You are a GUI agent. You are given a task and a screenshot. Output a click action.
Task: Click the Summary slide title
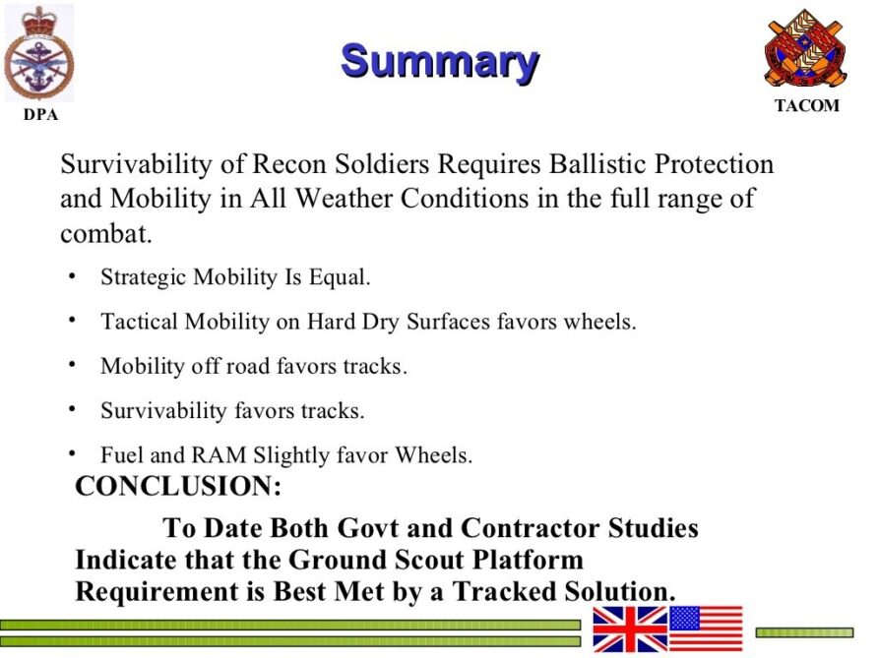point(440,62)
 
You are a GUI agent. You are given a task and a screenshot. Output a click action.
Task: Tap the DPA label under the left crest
point(41,115)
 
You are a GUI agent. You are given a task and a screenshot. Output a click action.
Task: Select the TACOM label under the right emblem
point(807,105)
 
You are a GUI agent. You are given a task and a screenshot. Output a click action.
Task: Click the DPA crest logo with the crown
point(39,54)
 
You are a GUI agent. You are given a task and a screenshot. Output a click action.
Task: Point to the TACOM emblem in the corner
point(806,47)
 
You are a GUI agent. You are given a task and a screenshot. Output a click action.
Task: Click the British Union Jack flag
point(631,629)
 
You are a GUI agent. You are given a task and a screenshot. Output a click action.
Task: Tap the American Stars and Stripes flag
point(706,628)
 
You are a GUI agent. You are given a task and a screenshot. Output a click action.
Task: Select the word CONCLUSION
point(178,485)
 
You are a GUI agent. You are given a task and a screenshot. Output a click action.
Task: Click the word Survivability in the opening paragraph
point(136,165)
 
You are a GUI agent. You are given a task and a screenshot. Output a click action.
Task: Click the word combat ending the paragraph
point(106,233)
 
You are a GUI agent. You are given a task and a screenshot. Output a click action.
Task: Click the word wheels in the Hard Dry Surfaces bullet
point(599,322)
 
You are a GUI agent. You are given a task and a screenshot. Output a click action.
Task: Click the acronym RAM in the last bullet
point(219,454)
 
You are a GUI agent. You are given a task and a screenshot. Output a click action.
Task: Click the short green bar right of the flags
point(804,632)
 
